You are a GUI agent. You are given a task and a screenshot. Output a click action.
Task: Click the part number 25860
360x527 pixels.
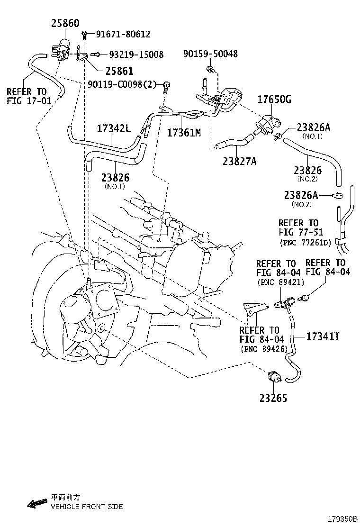tap(65, 23)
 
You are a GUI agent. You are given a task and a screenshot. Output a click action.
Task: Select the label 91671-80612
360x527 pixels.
tap(123, 34)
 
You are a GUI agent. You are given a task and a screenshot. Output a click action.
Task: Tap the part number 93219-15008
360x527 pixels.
tap(136, 55)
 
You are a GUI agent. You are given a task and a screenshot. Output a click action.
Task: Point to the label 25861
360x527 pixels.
tap(119, 71)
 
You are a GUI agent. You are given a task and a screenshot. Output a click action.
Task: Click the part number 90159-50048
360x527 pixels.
tap(210, 54)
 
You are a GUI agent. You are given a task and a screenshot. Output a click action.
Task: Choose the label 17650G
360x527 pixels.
tap(274, 100)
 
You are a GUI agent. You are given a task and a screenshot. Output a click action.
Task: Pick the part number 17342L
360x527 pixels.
tap(114, 128)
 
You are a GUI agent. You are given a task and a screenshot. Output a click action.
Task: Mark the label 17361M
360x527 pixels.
tap(184, 133)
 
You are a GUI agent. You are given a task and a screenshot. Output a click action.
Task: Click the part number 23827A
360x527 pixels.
tap(240, 161)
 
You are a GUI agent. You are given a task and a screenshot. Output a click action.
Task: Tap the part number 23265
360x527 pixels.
tap(273, 398)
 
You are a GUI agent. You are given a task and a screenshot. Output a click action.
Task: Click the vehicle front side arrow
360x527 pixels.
tap(37, 503)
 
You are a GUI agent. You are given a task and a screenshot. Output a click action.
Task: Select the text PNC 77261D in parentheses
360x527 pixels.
tap(305, 243)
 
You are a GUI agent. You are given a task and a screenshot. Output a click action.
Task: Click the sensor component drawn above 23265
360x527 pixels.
tap(273, 377)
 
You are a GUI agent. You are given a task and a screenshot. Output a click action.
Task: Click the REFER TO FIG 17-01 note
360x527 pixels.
tap(27, 96)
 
